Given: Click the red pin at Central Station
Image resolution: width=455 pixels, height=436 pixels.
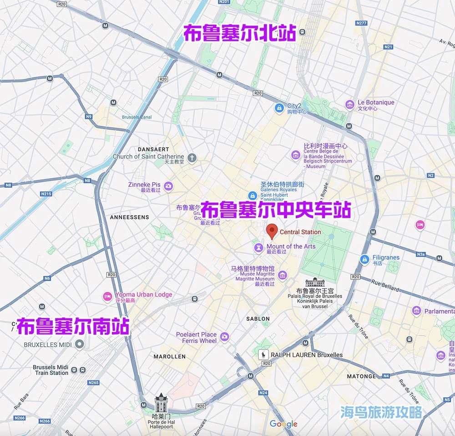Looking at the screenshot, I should [x=272, y=231].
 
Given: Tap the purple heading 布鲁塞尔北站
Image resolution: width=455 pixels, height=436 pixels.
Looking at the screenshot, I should [x=239, y=33].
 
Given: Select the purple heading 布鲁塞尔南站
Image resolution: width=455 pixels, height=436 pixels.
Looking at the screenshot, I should [x=73, y=326].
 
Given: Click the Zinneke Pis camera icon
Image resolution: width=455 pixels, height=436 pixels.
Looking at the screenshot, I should [x=168, y=185].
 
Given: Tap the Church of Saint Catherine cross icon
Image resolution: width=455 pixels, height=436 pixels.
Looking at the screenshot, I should [x=192, y=158].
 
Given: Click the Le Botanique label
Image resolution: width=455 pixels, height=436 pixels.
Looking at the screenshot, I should [x=375, y=103].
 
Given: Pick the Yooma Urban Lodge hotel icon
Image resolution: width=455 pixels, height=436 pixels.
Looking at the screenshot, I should [x=107, y=297].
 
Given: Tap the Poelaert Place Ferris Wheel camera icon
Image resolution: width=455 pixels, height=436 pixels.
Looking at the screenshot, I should [x=224, y=337].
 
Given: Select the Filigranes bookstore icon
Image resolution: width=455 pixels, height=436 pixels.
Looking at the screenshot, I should [x=364, y=259].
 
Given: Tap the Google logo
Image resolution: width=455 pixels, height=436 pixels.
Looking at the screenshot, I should [x=283, y=424].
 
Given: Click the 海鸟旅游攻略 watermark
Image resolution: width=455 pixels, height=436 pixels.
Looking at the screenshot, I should [x=381, y=412].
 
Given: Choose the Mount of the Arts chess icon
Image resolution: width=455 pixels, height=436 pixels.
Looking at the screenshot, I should [x=259, y=248].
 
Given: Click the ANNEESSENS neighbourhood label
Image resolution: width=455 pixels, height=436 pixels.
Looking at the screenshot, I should [x=129, y=217].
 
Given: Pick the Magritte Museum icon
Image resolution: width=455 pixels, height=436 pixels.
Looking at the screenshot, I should [x=283, y=275].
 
